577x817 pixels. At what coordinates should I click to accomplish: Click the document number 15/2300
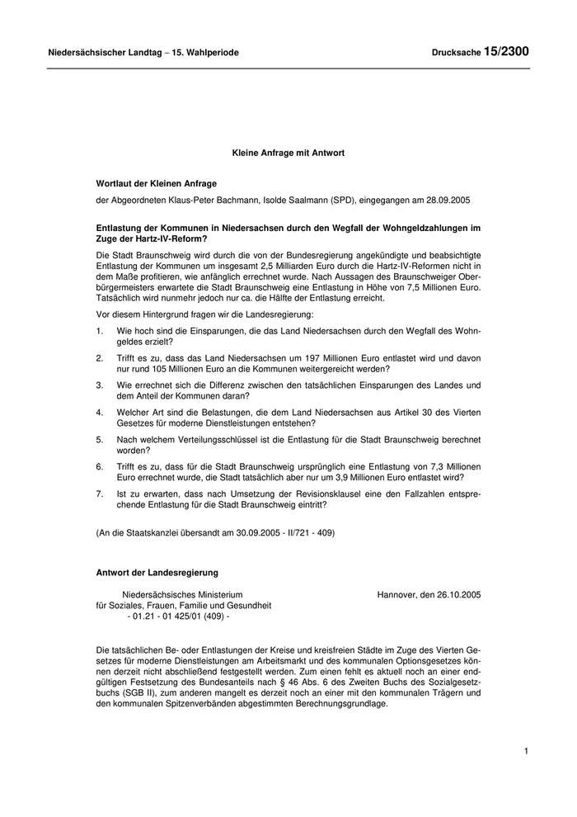pos(506,51)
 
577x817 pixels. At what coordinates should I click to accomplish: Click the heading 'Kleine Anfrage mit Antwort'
pos(288,153)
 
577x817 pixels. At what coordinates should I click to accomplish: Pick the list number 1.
pos(99,330)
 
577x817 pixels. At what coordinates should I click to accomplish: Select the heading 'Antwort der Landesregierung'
pos(157,572)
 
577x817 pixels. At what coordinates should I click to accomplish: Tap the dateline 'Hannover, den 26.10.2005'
pos(429,594)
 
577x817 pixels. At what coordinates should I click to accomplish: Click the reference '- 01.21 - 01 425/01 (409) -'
pos(179,616)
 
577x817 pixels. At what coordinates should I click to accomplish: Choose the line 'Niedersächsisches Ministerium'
pos(182,594)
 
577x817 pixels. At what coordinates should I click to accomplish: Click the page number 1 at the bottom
pos(525,751)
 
